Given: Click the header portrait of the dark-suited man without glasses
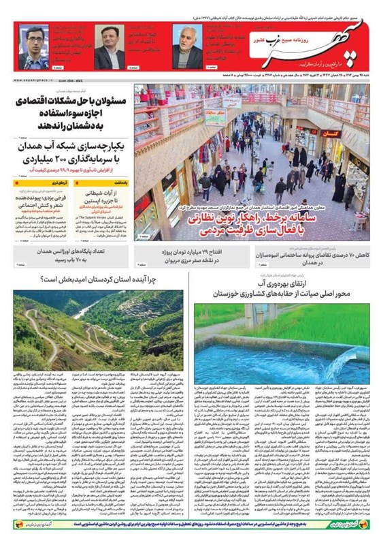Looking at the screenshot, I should point(108,48).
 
